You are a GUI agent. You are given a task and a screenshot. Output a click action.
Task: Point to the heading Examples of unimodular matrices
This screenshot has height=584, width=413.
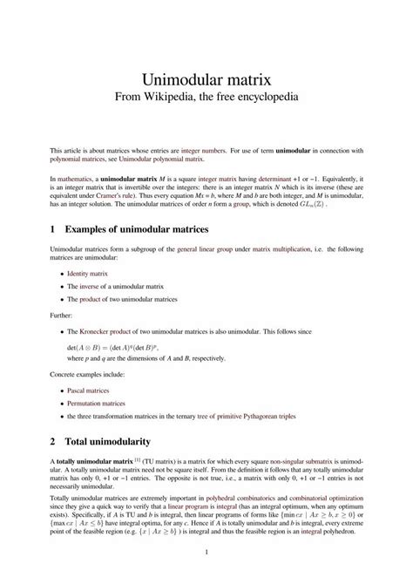coord(147,229)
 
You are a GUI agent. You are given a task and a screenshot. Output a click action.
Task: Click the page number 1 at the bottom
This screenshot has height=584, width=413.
coord(206,552)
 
